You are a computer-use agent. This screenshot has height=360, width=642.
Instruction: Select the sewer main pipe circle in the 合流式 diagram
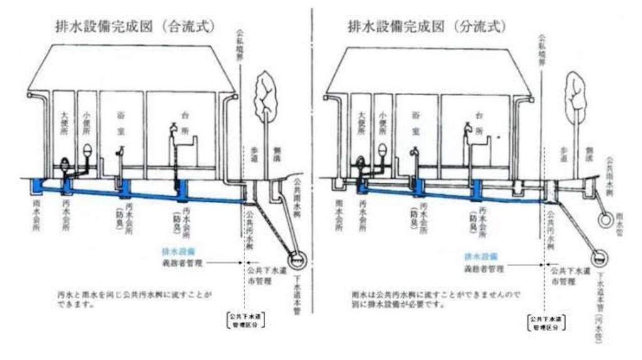coord(297,258)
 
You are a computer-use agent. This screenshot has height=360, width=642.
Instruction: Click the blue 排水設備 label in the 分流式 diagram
coord(480,257)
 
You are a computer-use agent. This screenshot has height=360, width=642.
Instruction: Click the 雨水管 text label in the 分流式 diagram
coord(620,220)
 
